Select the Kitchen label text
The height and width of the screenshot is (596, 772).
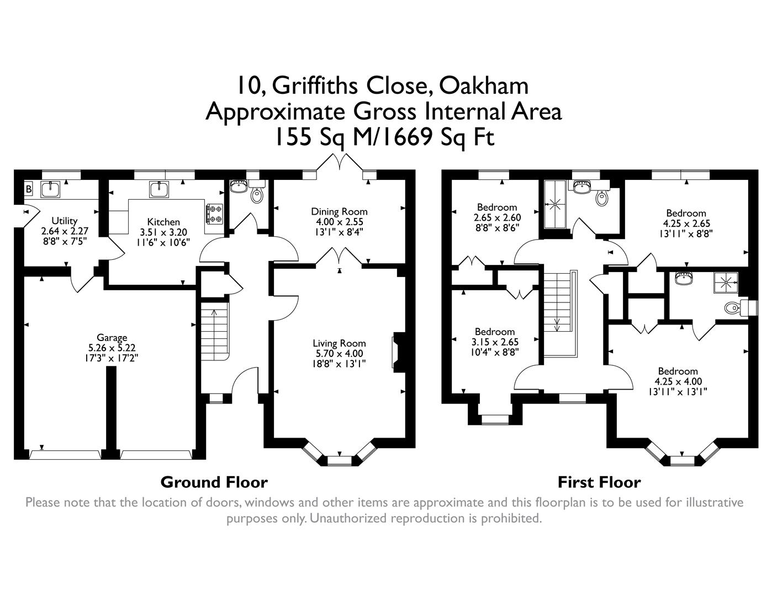coord(163,222)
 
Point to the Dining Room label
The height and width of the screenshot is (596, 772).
coord(339,211)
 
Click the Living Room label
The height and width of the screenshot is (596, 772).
coord(339,343)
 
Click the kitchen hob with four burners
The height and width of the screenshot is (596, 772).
coord(214,214)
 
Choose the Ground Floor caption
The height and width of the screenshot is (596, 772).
coord(214,482)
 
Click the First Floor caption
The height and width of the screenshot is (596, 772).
coord(599,482)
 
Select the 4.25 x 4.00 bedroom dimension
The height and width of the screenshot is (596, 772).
coord(678,381)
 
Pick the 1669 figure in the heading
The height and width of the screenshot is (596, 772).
coord(405,137)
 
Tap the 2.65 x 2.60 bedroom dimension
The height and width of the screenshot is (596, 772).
coord(497,217)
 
